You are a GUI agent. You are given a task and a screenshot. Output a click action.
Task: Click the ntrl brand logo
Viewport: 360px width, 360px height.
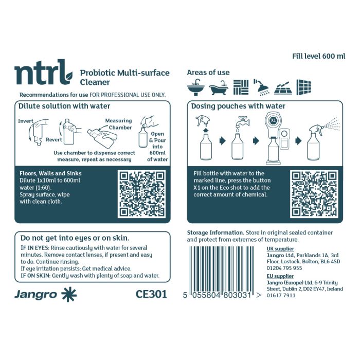[44, 72]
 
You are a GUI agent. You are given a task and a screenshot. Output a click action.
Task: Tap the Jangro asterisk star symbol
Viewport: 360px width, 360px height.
[69, 294]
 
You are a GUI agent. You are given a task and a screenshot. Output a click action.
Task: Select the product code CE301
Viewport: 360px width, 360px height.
[151, 294]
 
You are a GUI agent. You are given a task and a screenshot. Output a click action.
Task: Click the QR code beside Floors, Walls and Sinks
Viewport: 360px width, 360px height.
[141, 194]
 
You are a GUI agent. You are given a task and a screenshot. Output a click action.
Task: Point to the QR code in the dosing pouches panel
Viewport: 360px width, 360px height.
[314, 194]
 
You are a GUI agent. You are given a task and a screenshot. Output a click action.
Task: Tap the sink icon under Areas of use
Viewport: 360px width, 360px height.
[195, 87]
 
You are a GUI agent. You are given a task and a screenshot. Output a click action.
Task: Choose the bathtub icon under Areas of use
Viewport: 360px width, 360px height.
[218, 88]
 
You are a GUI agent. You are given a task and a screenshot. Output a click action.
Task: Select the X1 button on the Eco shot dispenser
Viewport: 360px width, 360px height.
[273, 120]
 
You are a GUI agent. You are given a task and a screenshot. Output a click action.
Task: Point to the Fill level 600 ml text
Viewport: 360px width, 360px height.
[319, 56]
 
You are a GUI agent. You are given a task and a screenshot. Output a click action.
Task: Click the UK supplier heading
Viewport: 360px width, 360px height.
[280, 249]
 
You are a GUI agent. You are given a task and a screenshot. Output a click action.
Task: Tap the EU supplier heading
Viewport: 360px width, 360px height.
[280, 276]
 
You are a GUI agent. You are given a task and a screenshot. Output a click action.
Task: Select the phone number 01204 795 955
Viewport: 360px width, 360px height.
[284, 268]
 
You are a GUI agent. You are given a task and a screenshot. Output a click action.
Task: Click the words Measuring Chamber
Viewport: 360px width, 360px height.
[119, 124]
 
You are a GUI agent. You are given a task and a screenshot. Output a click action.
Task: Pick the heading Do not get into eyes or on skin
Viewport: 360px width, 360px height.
[75, 238]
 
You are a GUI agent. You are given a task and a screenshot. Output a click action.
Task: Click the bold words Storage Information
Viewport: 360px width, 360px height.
[215, 232]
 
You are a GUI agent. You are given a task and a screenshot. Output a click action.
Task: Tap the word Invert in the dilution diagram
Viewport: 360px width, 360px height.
[26, 121]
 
